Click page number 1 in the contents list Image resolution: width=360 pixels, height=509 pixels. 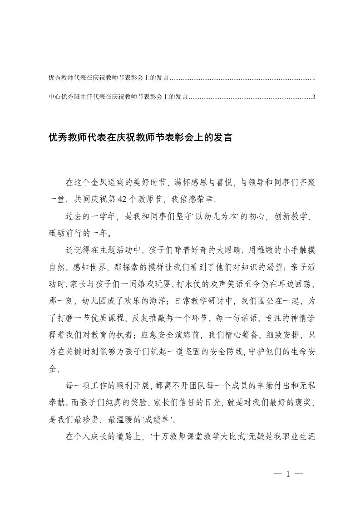(314, 78)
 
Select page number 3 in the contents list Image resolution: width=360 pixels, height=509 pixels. (314, 97)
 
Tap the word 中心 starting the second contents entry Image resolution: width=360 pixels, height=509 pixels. (53, 97)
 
